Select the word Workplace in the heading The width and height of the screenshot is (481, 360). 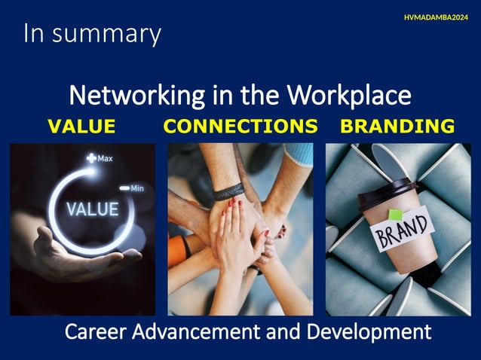[354, 96]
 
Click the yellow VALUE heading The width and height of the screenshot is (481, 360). [81, 127]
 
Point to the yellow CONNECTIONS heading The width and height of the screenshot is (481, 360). [240, 127]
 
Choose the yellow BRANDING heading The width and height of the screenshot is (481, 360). [397, 127]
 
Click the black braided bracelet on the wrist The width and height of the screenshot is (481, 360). [228, 191]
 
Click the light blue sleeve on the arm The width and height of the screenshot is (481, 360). [299, 154]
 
